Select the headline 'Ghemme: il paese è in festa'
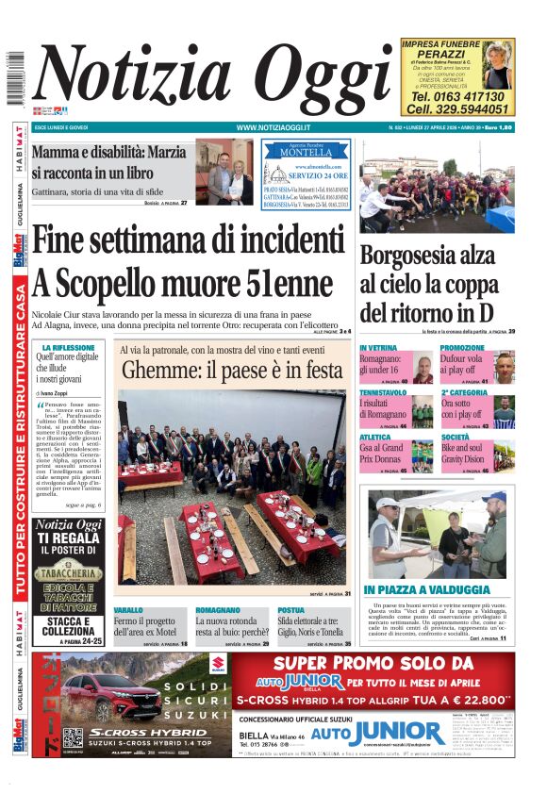point(232,371)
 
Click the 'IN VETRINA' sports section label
point(378,348)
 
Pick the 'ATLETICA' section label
point(374,437)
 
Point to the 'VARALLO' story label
point(129,610)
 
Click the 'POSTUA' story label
point(290,610)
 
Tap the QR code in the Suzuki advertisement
point(73,738)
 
